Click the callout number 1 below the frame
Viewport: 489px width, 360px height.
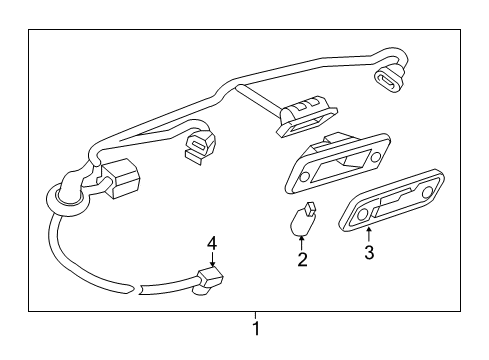point(256,328)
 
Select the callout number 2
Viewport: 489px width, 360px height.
point(301,259)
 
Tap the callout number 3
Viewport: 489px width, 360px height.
point(369,253)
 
